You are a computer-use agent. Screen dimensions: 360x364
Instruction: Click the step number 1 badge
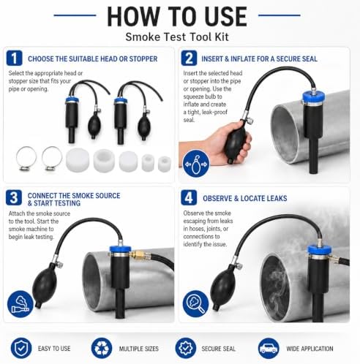[14, 58]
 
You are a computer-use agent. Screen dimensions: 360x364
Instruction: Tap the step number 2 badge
[189, 58]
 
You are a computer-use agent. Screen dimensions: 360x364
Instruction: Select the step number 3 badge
[14, 197]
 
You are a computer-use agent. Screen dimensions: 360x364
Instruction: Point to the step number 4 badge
[189, 197]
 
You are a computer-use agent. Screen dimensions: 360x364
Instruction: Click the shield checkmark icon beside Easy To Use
[21, 348]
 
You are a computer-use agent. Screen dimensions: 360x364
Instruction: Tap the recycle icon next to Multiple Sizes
[102, 348]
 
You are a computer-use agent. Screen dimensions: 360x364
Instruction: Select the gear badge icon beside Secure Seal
[186, 348]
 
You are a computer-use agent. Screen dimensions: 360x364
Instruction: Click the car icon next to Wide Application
[269, 348]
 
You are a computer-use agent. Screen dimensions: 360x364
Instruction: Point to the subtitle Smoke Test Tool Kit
[177, 37]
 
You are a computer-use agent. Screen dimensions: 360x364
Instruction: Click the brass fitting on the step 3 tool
[138, 255]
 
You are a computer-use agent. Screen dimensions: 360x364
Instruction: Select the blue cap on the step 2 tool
[313, 97]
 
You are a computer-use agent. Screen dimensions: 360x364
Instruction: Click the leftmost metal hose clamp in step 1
[26, 159]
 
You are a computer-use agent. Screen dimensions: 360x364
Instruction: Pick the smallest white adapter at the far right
[165, 164]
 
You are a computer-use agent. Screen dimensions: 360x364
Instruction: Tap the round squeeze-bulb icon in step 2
[196, 164]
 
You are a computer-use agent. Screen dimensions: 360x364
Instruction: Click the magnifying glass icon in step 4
[196, 304]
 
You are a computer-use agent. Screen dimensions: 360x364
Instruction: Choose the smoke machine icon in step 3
[20, 304]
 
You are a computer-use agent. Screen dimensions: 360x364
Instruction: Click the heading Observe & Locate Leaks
[245, 199]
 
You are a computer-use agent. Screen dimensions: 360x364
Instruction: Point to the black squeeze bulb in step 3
[44, 285]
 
